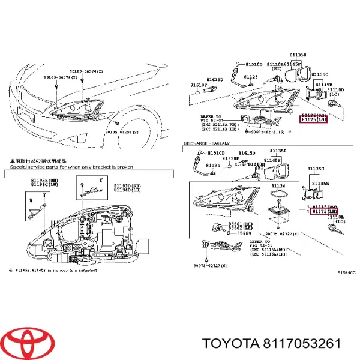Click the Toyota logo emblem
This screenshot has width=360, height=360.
[25, 343]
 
